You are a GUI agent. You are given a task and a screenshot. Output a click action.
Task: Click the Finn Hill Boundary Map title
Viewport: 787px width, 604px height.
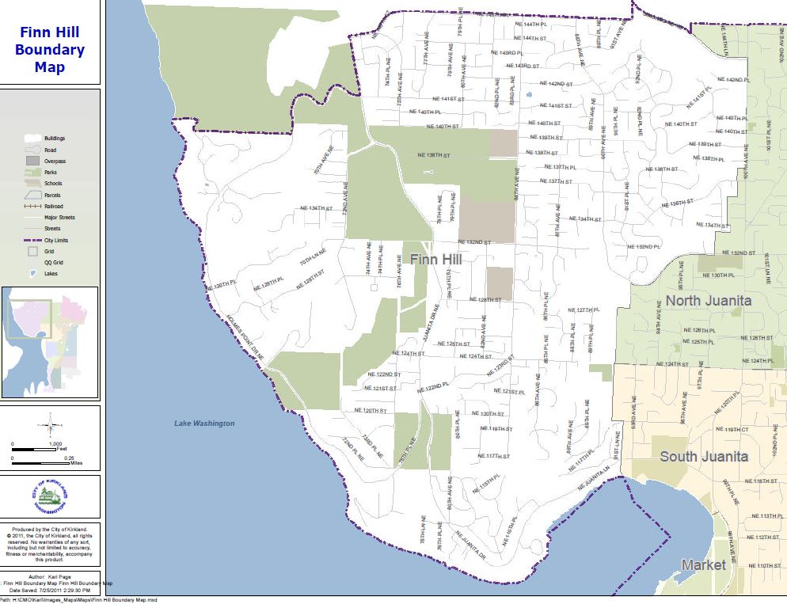tap(50, 50)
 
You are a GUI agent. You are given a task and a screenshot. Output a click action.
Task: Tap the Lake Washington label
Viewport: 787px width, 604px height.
tap(204, 424)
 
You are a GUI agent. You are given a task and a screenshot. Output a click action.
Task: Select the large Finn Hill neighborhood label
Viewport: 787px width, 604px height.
tap(435, 259)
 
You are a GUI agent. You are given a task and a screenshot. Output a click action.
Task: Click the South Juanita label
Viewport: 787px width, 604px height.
tap(704, 456)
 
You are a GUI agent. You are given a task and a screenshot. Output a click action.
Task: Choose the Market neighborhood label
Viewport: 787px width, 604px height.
tap(703, 564)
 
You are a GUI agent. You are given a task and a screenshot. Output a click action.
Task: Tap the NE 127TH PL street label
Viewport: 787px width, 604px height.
tap(584, 310)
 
